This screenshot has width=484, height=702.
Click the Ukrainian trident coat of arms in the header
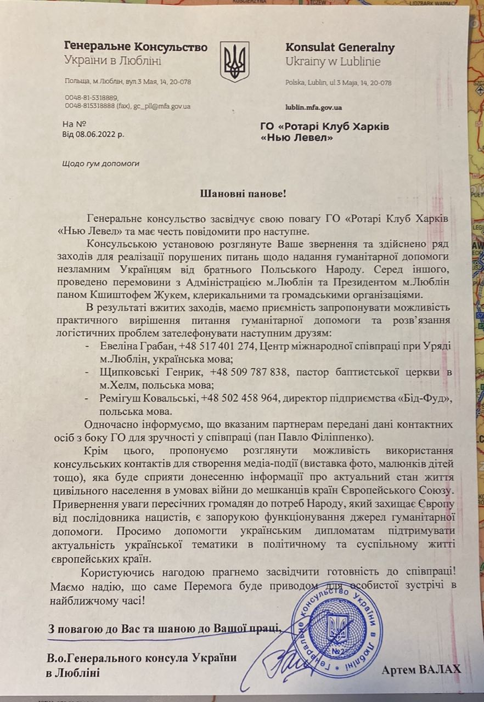pos(234,61)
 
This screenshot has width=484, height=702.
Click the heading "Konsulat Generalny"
pos(340,48)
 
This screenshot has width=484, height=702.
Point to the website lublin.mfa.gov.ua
pos(314,107)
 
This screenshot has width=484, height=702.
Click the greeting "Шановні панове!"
pos(242,194)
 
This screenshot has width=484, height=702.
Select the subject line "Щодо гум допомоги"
pos(101,163)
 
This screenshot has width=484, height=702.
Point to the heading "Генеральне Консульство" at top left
pos(136,47)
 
